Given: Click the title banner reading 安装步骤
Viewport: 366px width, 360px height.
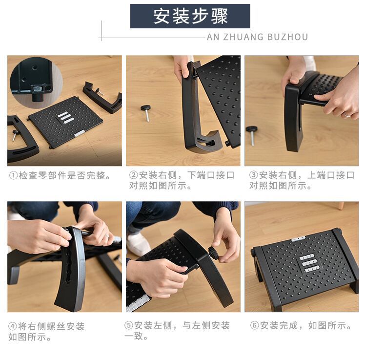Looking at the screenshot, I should [x=190, y=16].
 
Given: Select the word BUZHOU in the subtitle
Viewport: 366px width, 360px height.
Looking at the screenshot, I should [x=287, y=37].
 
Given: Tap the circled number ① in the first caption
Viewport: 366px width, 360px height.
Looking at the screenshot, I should [x=13, y=175].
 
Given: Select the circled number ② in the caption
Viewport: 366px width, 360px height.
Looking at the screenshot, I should [x=133, y=175].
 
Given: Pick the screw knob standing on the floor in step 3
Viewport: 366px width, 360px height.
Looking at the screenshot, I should [x=251, y=133].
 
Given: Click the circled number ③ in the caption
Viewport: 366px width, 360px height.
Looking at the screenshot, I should [x=253, y=175].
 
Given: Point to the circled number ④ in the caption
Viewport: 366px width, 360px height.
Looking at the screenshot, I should [x=13, y=326].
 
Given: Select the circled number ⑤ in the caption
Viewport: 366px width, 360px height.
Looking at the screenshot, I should [x=129, y=326].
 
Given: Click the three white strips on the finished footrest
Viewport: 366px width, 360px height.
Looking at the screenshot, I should [x=307, y=263].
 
